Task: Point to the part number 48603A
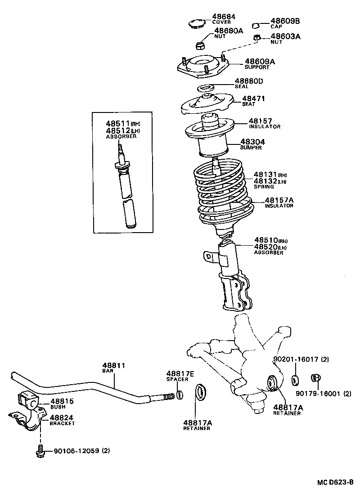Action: click(x=285, y=36)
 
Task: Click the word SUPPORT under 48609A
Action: click(x=257, y=67)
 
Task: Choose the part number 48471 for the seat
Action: click(x=254, y=99)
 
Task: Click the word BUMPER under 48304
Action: click(x=251, y=148)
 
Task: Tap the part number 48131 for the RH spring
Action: click(x=265, y=175)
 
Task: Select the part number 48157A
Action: click(x=279, y=200)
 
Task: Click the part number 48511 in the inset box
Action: click(x=118, y=123)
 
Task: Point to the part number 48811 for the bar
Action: click(x=113, y=366)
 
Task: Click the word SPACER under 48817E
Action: click(x=177, y=380)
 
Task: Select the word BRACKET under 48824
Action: click(x=62, y=423)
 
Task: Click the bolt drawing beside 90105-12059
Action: click(x=40, y=452)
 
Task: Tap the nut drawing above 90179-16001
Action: click(x=316, y=379)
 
